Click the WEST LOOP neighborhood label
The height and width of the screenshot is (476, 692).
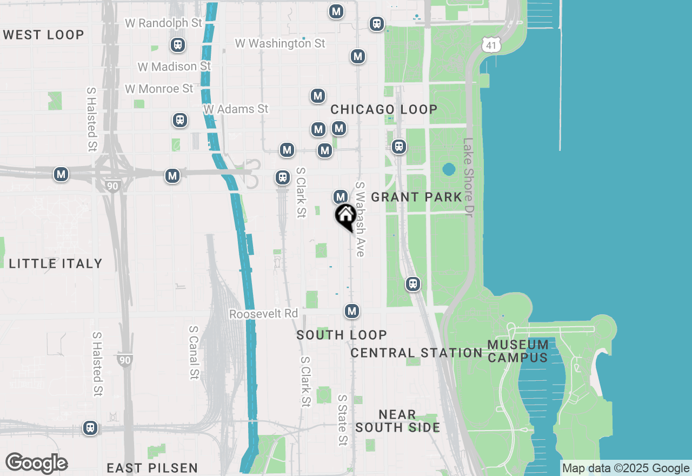[x=44, y=35]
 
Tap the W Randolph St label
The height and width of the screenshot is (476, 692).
[x=163, y=23]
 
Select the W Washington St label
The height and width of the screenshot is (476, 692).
[x=280, y=43]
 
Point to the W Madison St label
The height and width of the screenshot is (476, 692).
[x=174, y=67]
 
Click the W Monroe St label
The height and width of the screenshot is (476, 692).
[x=159, y=88]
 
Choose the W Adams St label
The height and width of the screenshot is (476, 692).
[x=236, y=109]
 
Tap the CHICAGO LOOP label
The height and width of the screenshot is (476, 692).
[x=384, y=110]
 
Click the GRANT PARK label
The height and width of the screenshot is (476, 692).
[x=416, y=197]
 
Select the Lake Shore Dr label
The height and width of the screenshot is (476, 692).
[x=468, y=177]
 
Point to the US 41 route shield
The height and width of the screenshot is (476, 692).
[x=491, y=45]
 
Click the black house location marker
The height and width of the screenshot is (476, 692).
[x=345, y=216]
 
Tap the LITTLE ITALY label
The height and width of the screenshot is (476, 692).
[x=56, y=264]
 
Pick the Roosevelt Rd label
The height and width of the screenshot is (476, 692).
[x=263, y=314]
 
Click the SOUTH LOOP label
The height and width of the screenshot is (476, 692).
[x=342, y=335]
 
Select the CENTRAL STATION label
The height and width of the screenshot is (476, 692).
[x=416, y=353]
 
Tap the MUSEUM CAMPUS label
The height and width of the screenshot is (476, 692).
[x=518, y=351]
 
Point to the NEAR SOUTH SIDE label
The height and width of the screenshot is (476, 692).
[x=397, y=421]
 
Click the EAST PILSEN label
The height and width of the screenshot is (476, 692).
[x=152, y=468]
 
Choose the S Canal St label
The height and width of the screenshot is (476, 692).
[x=194, y=352]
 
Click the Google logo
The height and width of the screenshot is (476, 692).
[x=36, y=464]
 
